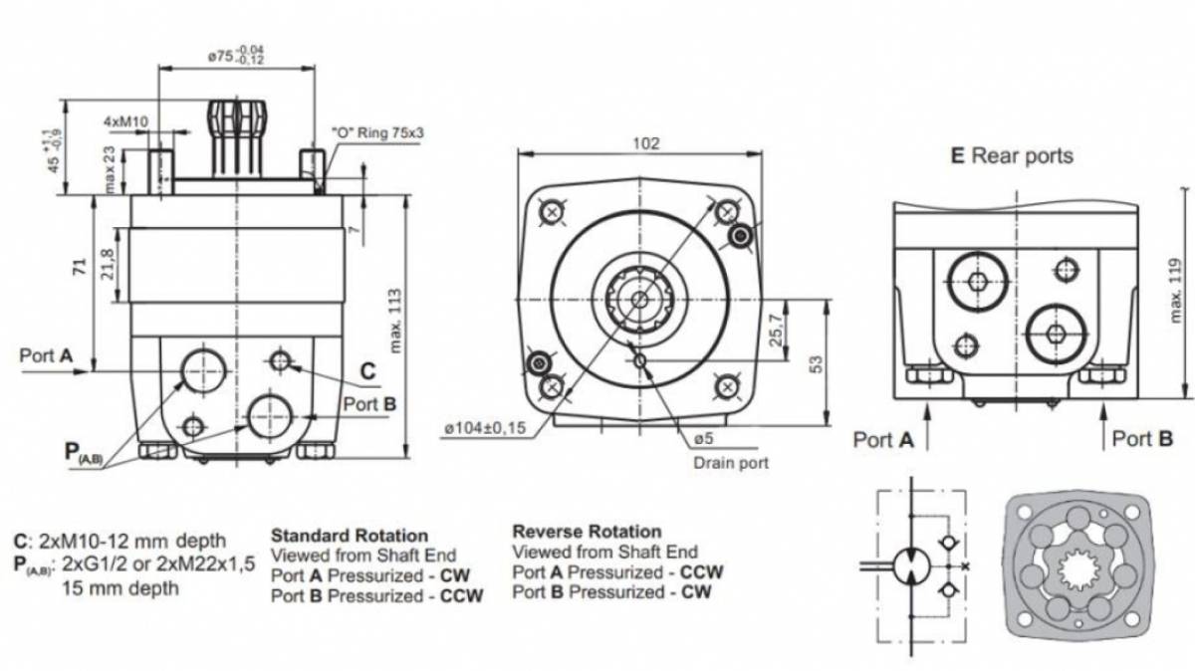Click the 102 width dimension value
click(645, 144)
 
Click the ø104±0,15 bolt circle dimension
click(485, 428)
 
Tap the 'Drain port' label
click(731, 463)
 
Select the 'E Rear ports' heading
click(1012, 155)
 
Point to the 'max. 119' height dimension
click(1174, 291)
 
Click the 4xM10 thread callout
click(125, 121)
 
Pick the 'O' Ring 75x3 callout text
click(377, 132)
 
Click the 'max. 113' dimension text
click(395, 322)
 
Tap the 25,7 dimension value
click(776, 331)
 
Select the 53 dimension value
click(817, 364)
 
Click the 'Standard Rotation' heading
click(350, 536)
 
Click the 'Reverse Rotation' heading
click(587, 532)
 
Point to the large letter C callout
click(368, 371)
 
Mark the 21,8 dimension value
click(108, 264)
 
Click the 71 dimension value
click(80, 267)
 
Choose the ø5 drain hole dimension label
click(704, 438)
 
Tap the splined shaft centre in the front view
click(639, 300)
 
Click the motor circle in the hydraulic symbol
click(911, 566)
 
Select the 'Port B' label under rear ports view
click(1142, 438)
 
